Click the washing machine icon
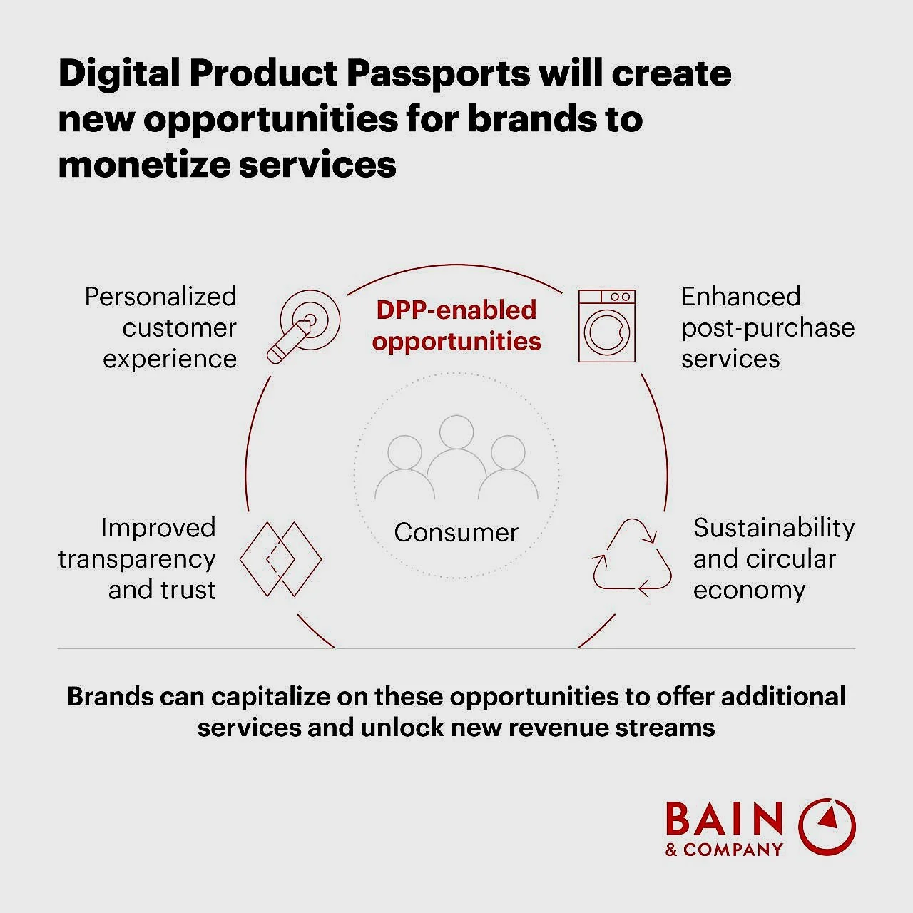[607, 326]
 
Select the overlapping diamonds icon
[280, 559]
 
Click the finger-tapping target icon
[303, 327]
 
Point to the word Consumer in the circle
[456, 533]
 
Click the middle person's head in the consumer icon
[456, 432]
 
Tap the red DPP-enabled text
[456, 310]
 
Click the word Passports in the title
[438, 73]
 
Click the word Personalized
[160, 297]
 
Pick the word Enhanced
[741, 297]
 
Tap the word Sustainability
[774, 529]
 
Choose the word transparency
[136, 559]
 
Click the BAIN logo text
[725, 819]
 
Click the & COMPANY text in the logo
[725, 850]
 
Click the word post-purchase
[768, 328]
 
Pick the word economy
[749, 591]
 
